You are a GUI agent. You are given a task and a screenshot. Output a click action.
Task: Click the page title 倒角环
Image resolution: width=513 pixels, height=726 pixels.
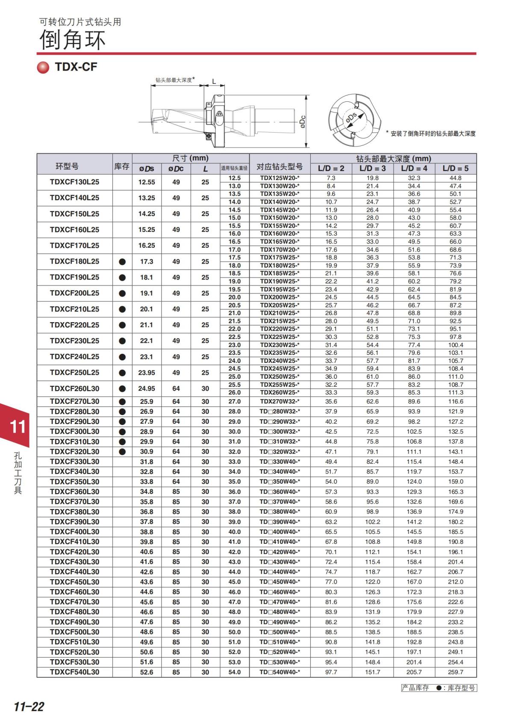[x=72, y=40]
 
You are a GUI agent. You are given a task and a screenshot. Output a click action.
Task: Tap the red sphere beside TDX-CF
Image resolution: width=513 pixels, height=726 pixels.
[x=43, y=68]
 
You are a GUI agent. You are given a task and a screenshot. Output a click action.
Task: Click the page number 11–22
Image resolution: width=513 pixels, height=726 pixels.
[x=29, y=706]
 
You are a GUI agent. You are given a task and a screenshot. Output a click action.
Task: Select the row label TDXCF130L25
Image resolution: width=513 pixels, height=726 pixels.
[x=74, y=182]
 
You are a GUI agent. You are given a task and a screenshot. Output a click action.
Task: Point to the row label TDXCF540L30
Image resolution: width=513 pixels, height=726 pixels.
[x=74, y=672]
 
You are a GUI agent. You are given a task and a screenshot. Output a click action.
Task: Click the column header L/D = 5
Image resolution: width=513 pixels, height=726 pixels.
[x=455, y=169]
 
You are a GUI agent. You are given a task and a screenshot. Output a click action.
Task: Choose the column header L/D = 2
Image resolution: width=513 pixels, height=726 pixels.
[x=331, y=169]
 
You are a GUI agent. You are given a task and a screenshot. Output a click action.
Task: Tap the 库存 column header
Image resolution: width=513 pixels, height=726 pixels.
[x=122, y=166]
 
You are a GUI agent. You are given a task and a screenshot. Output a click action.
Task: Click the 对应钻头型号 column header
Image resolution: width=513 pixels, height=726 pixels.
[x=280, y=166]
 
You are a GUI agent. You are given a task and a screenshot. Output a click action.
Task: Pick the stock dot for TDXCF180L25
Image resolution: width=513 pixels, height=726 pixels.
[x=122, y=261]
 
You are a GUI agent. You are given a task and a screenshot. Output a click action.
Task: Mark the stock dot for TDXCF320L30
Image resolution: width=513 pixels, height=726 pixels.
[x=122, y=451]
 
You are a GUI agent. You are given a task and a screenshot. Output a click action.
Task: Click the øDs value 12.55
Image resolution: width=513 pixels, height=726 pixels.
[x=147, y=182]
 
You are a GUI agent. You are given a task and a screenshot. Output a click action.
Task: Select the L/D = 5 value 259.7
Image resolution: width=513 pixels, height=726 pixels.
[x=455, y=672]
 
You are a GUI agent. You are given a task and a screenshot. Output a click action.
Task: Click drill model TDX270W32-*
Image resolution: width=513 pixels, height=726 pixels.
[x=280, y=401]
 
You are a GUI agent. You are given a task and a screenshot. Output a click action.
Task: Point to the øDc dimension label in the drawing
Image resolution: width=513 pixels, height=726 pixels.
[x=302, y=122]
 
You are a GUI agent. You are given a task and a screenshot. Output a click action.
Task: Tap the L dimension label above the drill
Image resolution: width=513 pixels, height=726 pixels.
[x=214, y=81]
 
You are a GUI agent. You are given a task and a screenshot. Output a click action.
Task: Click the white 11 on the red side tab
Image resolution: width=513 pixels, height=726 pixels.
[x=18, y=427]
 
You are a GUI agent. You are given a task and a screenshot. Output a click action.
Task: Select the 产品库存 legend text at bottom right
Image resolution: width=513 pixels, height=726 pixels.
[x=415, y=688]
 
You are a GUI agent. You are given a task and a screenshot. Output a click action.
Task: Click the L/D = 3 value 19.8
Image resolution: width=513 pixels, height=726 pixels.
[x=372, y=178]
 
